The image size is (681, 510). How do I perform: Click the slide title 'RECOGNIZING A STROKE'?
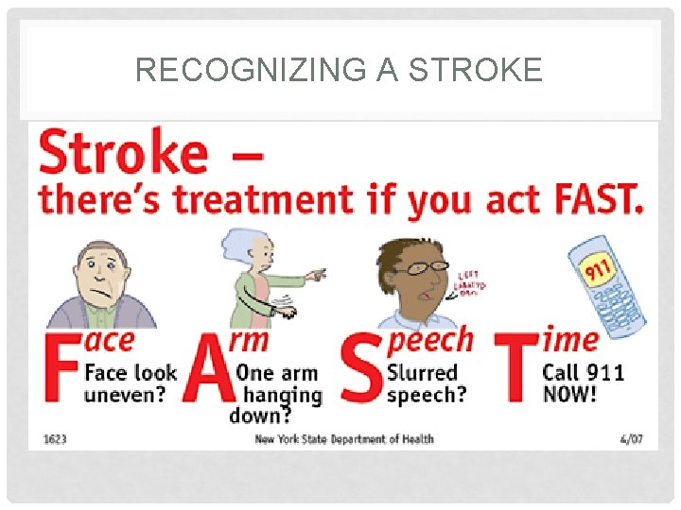pos(339,70)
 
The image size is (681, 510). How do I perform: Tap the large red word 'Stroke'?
pos(122,153)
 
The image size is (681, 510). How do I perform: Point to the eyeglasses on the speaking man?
pos(420,267)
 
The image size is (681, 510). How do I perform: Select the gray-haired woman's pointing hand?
pos(315,275)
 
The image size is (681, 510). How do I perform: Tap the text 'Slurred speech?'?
pos(426,382)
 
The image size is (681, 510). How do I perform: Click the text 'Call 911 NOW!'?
pos(583,382)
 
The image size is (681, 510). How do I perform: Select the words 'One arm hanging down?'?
pos(277,393)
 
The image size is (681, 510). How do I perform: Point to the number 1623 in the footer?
pos(55,438)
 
